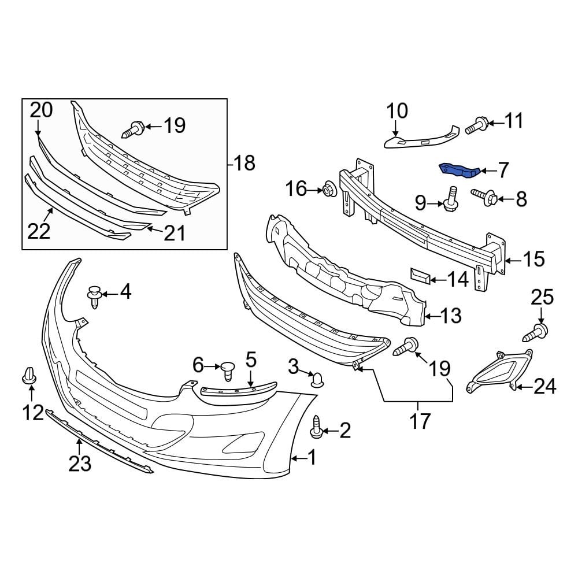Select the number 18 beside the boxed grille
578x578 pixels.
tap(244, 164)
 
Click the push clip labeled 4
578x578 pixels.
tap(95, 295)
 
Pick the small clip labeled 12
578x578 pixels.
tap(28, 376)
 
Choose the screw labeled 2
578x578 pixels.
tap(317, 426)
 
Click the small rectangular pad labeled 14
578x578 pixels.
tap(419, 277)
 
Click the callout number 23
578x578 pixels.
tap(80, 463)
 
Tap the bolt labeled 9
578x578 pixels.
tap(451, 200)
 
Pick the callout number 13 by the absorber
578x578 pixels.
tap(451, 315)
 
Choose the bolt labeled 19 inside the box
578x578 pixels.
tap(135, 127)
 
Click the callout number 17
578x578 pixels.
tap(420, 421)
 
